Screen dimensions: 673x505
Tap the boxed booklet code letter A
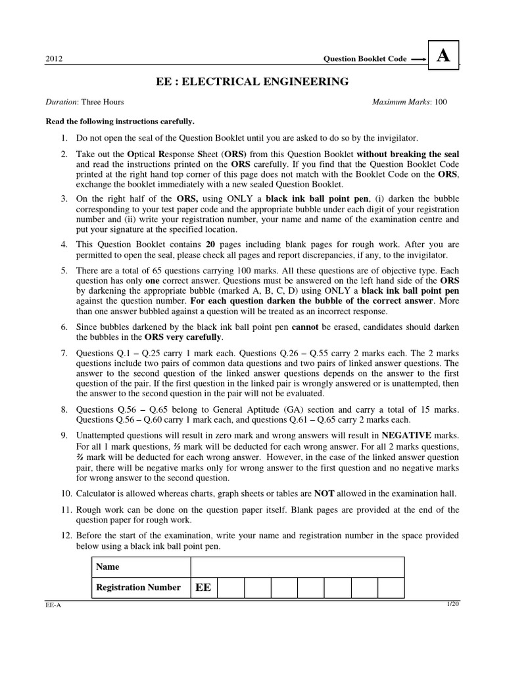point(444,57)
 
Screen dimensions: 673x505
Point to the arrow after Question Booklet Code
point(417,58)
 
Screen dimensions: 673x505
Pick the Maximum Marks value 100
point(441,102)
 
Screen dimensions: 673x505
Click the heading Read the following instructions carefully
point(120,122)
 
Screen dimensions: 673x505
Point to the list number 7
point(64,354)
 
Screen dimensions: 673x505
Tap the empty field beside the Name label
point(297,567)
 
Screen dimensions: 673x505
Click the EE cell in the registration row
point(203,588)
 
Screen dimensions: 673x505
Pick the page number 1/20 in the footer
point(453,604)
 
